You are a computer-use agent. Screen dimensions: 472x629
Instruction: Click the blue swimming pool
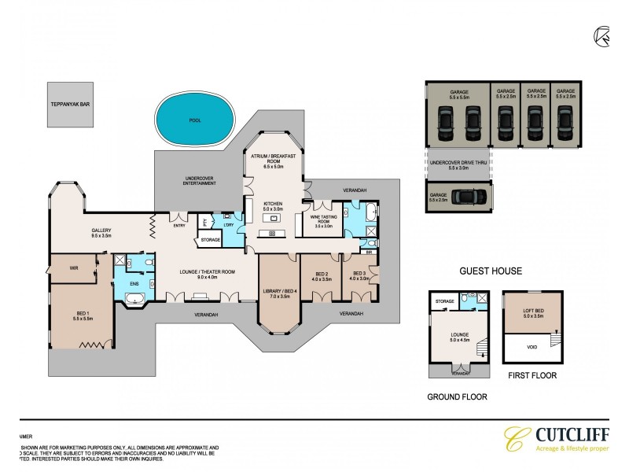(195, 120)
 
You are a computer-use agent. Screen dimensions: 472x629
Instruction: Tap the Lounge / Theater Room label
(205, 275)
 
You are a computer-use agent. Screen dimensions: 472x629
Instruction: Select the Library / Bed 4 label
(281, 293)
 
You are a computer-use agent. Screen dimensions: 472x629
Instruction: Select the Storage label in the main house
(210, 239)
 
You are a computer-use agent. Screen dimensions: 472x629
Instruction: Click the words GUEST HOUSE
(491, 271)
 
